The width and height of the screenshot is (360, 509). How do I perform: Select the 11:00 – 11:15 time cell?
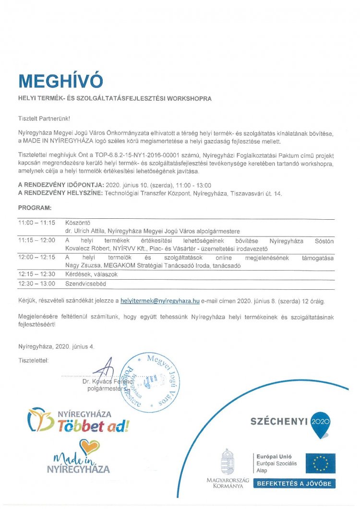(37, 223)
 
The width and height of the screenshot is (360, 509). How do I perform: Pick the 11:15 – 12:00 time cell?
(37, 240)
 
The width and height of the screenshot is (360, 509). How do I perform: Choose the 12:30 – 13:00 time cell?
(37, 284)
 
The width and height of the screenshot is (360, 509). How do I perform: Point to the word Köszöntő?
(77, 223)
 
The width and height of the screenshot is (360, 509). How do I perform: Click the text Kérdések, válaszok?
(91, 274)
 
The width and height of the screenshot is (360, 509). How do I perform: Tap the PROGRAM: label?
(35, 208)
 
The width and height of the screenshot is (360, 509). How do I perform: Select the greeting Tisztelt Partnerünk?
(44, 117)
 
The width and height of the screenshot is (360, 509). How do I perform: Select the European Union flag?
(321, 463)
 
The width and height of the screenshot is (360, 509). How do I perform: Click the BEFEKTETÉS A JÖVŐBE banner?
(294, 484)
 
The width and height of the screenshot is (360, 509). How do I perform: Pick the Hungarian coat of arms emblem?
(227, 462)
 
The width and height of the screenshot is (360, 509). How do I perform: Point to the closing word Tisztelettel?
(34, 360)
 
